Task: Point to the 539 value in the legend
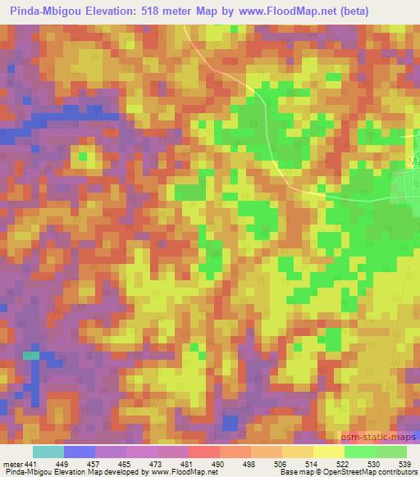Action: pyautogui.click(x=405, y=464)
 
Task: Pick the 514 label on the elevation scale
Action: pyautogui.click(x=311, y=464)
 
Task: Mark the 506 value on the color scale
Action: pyautogui.click(x=279, y=464)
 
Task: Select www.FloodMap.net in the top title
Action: pyautogui.click(x=288, y=11)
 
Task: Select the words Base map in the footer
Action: pyautogui.click(x=296, y=472)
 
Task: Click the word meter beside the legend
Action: pyautogui.click(x=11, y=464)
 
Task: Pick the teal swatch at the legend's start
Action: pyautogui.click(x=48, y=452)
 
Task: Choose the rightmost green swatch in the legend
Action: pyautogui.click(x=390, y=452)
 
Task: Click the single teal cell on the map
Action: pyautogui.click(x=30, y=355)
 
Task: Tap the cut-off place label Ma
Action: pyautogui.click(x=413, y=161)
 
